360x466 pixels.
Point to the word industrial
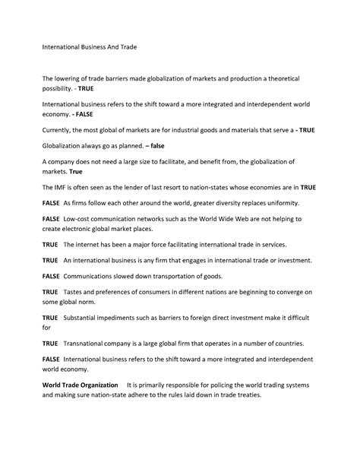coord(185,131)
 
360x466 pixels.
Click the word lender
coord(145,186)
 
